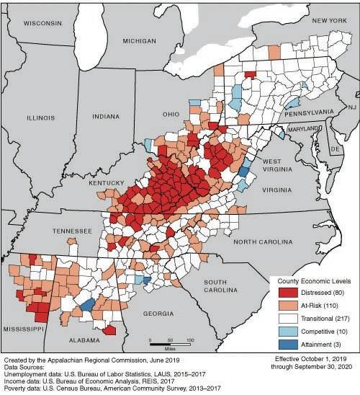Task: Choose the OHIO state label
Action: click(x=171, y=115)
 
